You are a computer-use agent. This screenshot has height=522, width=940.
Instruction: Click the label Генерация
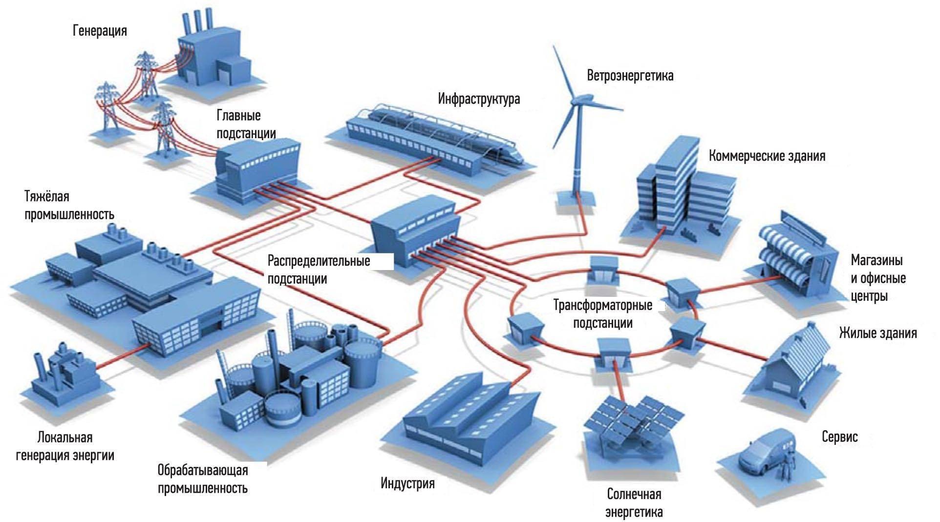pyautogui.click(x=100, y=31)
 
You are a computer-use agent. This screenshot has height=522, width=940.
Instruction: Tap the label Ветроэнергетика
pyautogui.click(x=630, y=76)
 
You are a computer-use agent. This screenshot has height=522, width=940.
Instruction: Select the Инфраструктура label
pyautogui.click(x=479, y=99)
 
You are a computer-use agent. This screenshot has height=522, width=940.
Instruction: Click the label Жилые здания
pyautogui.click(x=878, y=334)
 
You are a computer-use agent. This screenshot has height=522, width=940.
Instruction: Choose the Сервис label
pyautogui.click(x=840, y=437)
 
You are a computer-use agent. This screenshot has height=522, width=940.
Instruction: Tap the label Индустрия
pyautogui.click(x=407, y=484)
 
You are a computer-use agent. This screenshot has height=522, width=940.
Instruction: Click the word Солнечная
pyautogui.click(x=634, y=494)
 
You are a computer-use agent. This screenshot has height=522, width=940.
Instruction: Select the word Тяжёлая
pyautogui.click(x=47, y=197)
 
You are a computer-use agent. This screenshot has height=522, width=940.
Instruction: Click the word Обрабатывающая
pyautogui.click(x=203, y=470)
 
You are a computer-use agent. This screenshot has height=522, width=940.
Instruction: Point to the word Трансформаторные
pyautogui.click(x=602, y=306)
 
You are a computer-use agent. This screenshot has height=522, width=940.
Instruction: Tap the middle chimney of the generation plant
pyautogui.click(x=198, y=21)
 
